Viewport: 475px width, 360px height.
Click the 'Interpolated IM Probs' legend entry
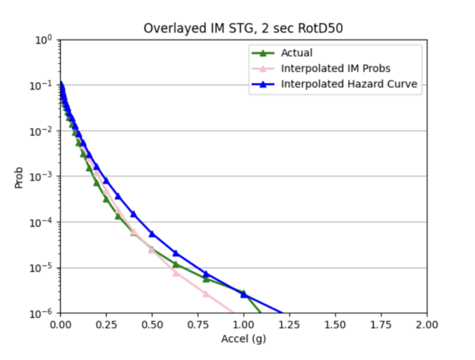(x=333, y=69)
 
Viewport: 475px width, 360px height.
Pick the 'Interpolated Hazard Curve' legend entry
(x=343, y=85)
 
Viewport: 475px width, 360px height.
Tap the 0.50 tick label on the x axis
(x=151, y=325)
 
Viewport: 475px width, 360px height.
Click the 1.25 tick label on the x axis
(x=289, y=325)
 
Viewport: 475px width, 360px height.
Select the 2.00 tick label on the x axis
(x=427, y=325)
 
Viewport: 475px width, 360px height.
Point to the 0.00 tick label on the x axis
(x=59, y=325)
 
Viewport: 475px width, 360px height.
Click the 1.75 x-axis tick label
(x=381, y=325)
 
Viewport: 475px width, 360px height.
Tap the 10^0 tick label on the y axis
(x=44, y=40)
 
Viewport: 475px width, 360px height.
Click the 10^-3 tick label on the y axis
(x=44, y=176)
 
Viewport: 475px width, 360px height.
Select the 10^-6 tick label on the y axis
(x=44, y=313)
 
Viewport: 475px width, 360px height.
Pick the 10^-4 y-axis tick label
(x=44, y=222)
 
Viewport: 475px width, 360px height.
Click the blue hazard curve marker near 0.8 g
(x=206, y=274)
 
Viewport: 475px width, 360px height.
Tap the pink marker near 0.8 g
(x=206, y=294)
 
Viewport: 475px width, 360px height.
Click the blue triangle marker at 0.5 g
(x=151, y=233)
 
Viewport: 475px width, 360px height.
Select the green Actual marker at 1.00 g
(x=244, y=293)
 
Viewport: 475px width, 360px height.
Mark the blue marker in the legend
(x=262, y=85)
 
